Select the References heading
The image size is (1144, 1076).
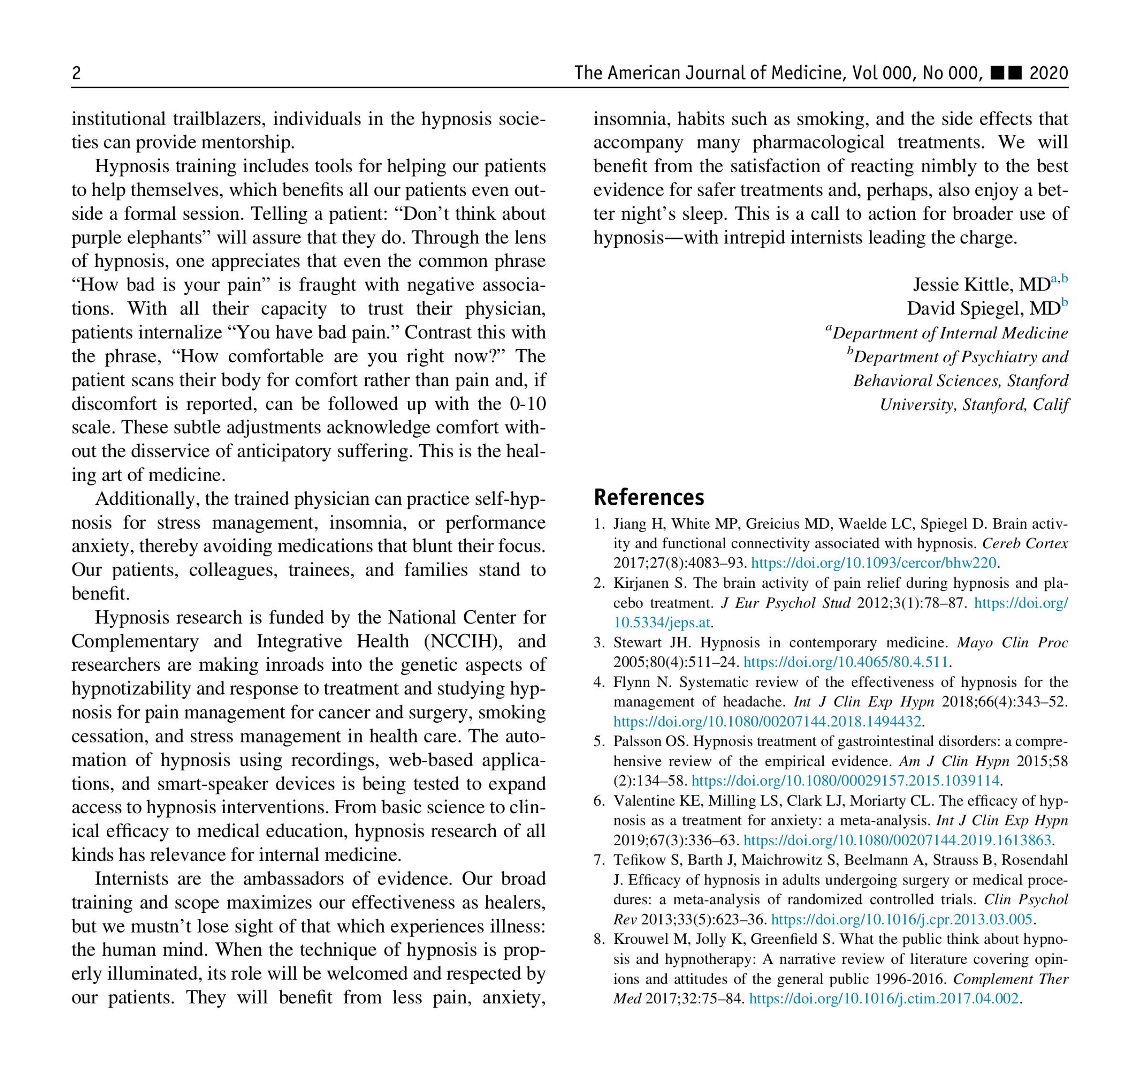point(649,497)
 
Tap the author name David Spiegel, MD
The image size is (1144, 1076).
point(983,309)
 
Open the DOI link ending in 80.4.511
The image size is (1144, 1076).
point(845,662)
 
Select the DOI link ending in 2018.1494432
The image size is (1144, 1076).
point(767,721)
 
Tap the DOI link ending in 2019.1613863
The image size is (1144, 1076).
point(897,840)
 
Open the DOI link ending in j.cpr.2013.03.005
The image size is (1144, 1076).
point(901,920)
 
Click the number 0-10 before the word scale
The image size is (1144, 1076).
point(528,403)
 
